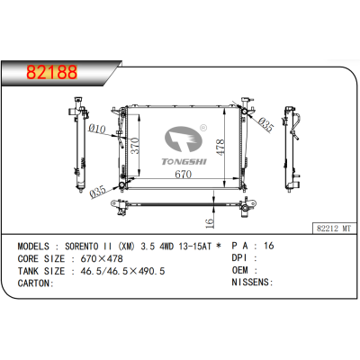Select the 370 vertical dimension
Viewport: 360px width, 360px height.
[x=135, y=145]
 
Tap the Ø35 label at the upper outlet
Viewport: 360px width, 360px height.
[x=266, y=125]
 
